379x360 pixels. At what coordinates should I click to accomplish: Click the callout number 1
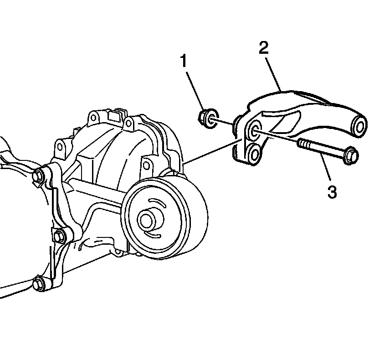click(184, 61)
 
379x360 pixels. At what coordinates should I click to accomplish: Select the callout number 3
click(332, 191)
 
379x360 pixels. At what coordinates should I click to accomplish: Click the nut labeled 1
click(208, 118)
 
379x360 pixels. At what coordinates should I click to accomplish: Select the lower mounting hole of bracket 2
click(254, 153)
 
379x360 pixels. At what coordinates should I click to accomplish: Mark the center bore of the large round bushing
click(147, 220)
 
